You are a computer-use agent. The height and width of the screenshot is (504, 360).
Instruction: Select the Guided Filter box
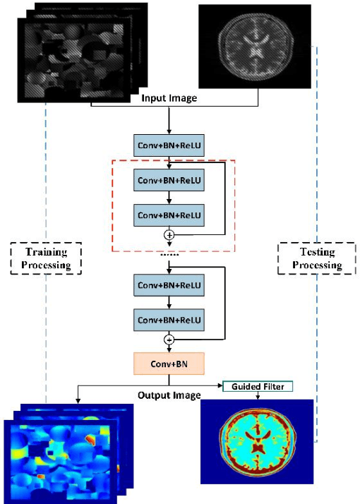(x=257, y=386)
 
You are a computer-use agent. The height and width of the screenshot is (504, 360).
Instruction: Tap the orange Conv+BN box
(x=169, y=364)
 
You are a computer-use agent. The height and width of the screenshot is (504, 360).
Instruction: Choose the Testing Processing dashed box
(x=310, y=258)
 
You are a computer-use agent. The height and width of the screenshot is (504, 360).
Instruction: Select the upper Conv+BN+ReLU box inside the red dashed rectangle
(x=169, y=180)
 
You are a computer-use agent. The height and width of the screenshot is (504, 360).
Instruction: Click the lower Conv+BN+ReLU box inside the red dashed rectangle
(x=169, y=214)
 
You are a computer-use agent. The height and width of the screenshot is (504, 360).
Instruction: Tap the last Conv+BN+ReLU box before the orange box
(x=169, y=320)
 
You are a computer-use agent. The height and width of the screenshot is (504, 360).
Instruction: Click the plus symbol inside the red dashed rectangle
(x=169, y=234)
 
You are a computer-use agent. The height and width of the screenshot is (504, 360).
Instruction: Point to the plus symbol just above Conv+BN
(x=169, y=340)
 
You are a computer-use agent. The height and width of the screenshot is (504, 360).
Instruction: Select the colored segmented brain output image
(x=257, y=441)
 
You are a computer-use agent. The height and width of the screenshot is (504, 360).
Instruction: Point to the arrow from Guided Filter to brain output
(x=257, y=395)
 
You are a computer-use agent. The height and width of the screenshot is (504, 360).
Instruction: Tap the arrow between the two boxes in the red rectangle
(x=169, y=197)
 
